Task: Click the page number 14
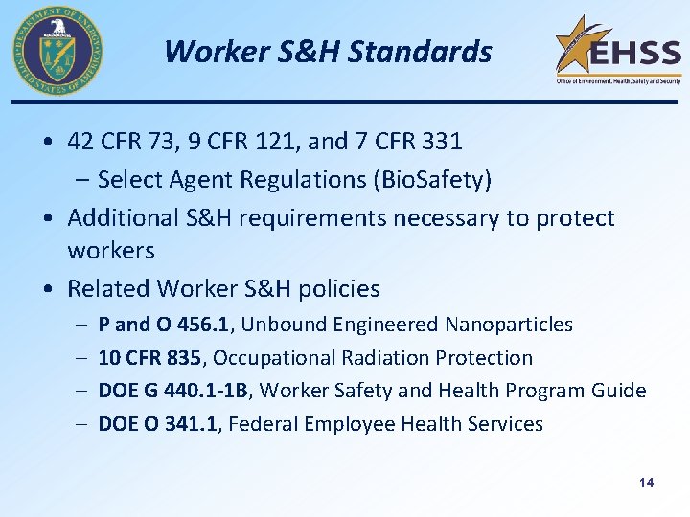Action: point(646,483)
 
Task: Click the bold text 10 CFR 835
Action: point(149,358)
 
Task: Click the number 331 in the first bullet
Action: point(441,142)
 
